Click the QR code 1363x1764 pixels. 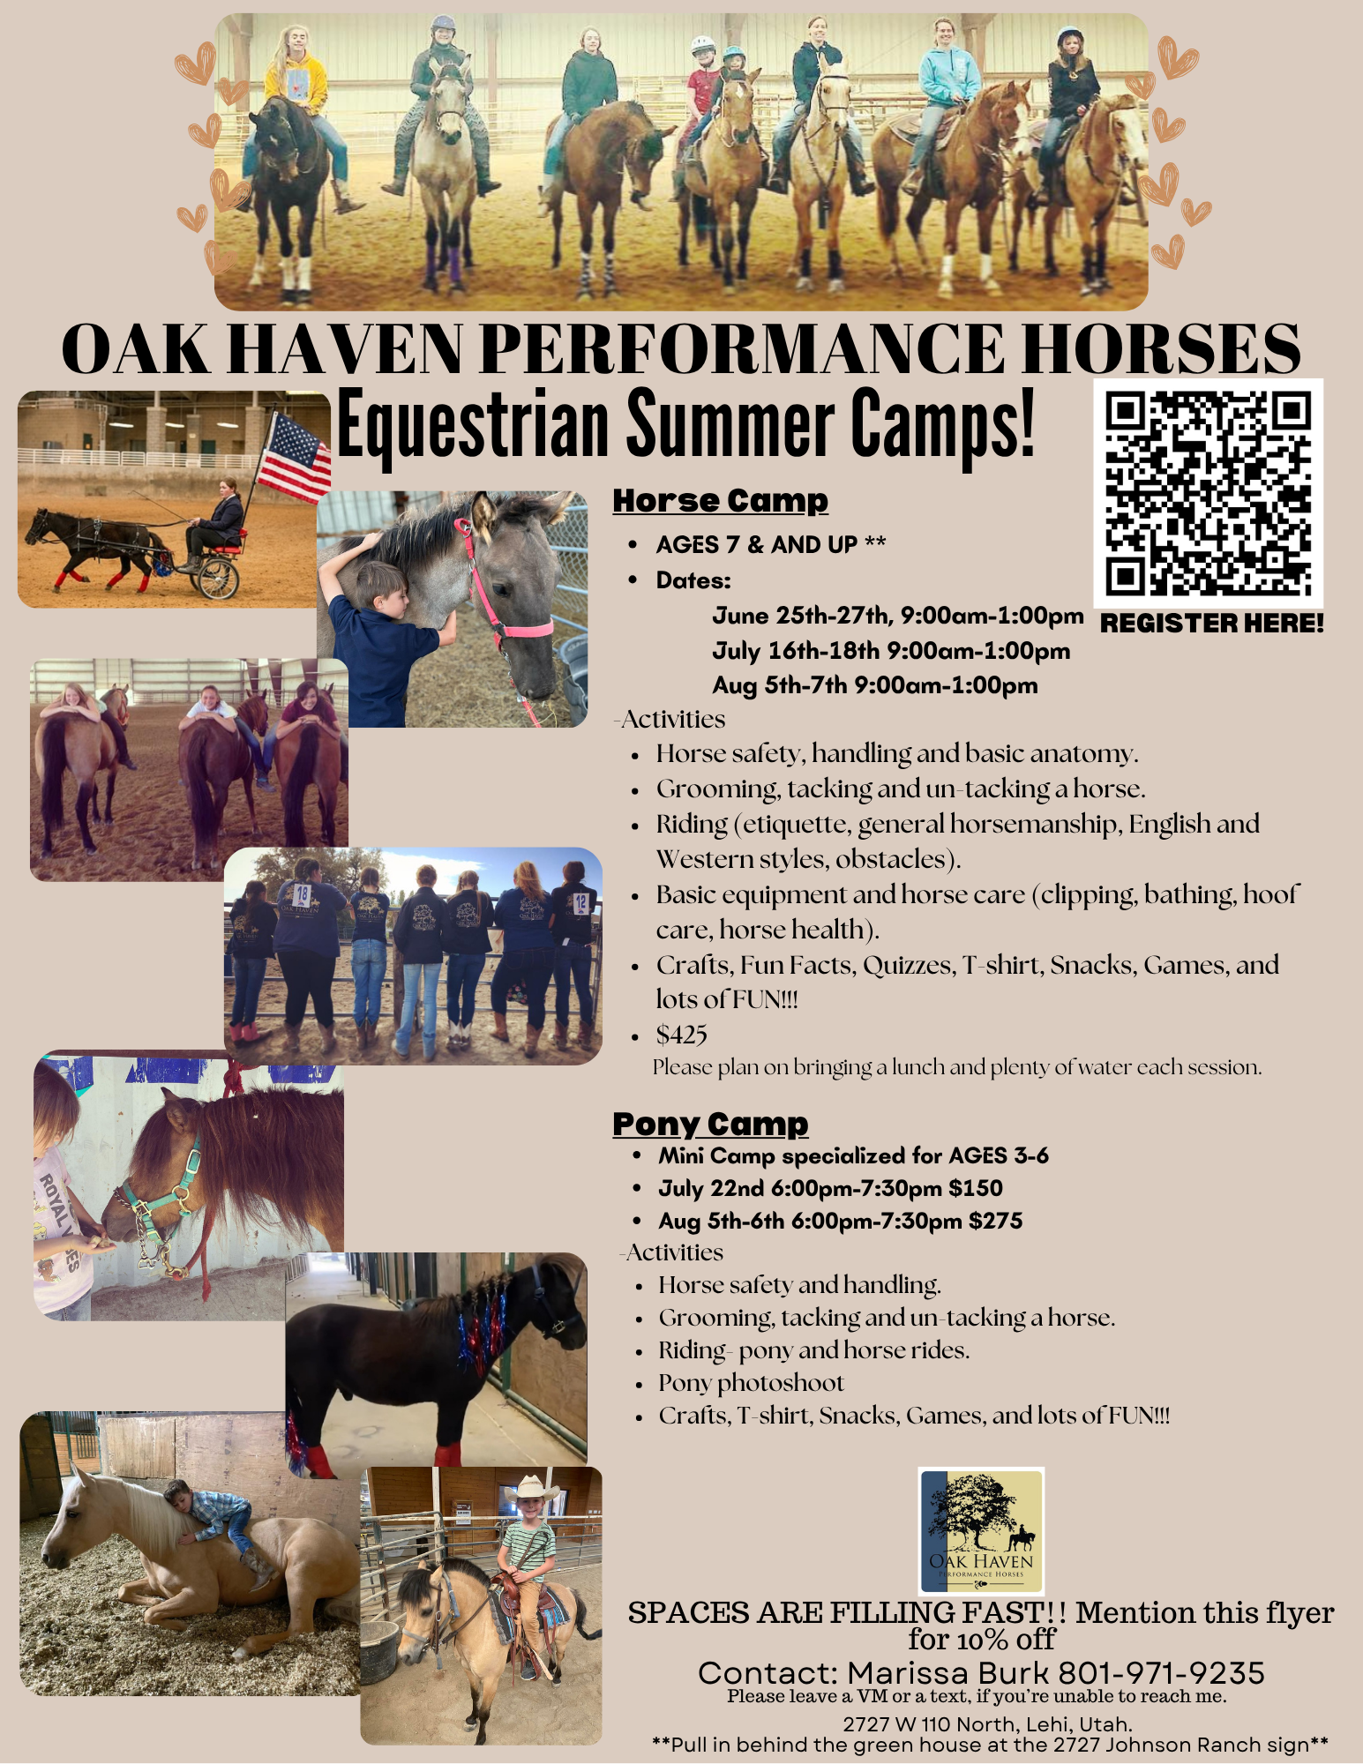click(1208, 493)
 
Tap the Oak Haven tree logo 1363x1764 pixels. click(981, 1531)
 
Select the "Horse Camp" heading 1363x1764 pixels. click(721, 500)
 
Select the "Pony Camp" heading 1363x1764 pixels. click(710, 1124)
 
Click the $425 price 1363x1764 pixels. click(681, 1035)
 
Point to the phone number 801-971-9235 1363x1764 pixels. click(1161, 1672)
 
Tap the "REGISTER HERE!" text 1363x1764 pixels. click(1212, 624)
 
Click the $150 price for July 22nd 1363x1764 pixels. click(976, 1188)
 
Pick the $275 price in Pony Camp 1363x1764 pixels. click(995, 1221)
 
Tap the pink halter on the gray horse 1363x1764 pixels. click(506, 600)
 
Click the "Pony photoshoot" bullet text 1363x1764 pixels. click(751, 1383)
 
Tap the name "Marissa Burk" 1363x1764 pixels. click(948, 1672)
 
